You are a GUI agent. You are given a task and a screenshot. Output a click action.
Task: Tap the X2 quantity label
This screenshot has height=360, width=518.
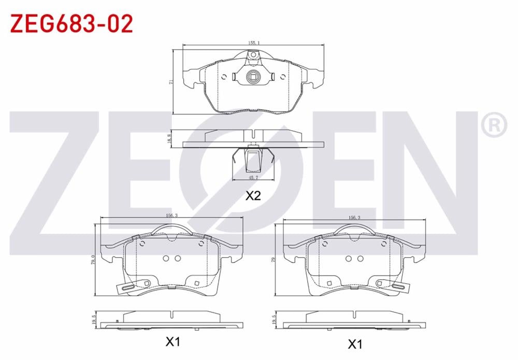253,196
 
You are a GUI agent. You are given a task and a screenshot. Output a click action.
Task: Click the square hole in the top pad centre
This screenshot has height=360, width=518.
253,77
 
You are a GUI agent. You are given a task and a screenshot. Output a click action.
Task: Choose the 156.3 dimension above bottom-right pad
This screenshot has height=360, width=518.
354,218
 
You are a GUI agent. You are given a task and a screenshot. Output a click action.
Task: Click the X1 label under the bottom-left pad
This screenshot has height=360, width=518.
172,342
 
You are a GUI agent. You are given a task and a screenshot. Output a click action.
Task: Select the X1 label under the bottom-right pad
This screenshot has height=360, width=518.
354,343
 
